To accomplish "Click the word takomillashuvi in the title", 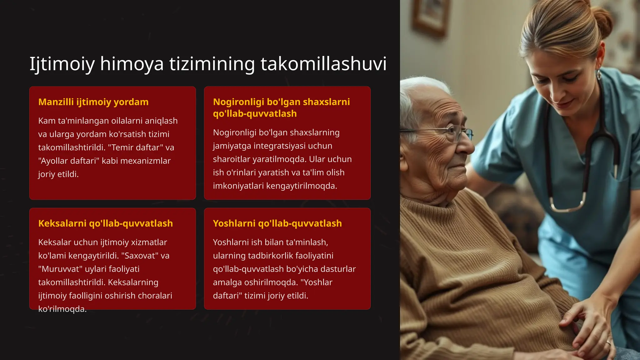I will [323, 64].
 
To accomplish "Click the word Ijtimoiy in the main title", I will [62, 64].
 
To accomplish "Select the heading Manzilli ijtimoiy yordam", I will [93, 102].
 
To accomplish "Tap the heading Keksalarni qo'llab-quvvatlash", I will [105, 223].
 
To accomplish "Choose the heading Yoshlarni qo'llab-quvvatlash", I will [277, 223].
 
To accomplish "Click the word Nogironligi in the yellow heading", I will [238, 102].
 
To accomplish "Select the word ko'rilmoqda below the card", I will [62, 309].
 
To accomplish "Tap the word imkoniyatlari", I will [238, 186].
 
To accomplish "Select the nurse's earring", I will [599, 75].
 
